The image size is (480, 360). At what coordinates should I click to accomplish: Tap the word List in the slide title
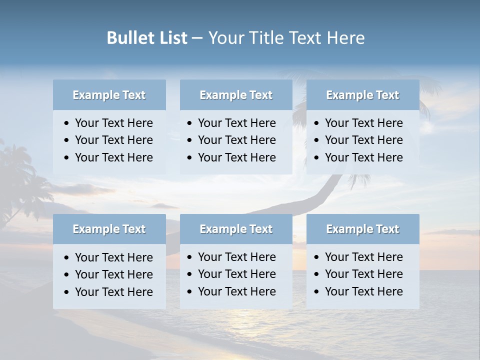[x=172, y=38]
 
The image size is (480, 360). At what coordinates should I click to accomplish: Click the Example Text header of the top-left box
[x=109, y=95]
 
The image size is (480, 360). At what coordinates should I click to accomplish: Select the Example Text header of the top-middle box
[x=236, y=95]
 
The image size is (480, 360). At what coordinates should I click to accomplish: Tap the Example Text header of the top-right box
[x=362, y=95]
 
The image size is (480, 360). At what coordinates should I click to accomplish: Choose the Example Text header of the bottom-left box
[x=109, y=229]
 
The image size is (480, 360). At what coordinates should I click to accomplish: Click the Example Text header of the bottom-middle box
[x=236, y=229]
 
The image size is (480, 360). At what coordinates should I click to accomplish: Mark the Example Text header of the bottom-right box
[x=362, y=229]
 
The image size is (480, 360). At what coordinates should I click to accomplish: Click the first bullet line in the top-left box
[x=113, y=123]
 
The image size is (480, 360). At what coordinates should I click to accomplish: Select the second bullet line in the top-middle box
[x=236, y=140]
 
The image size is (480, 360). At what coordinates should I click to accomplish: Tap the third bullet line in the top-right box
[x=363, y=157]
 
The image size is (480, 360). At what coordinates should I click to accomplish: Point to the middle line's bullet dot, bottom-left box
[x=67, y=275]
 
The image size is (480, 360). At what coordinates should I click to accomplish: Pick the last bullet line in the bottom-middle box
[x=236, y=291]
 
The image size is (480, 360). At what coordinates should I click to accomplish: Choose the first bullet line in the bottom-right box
[x=363, y=257]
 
